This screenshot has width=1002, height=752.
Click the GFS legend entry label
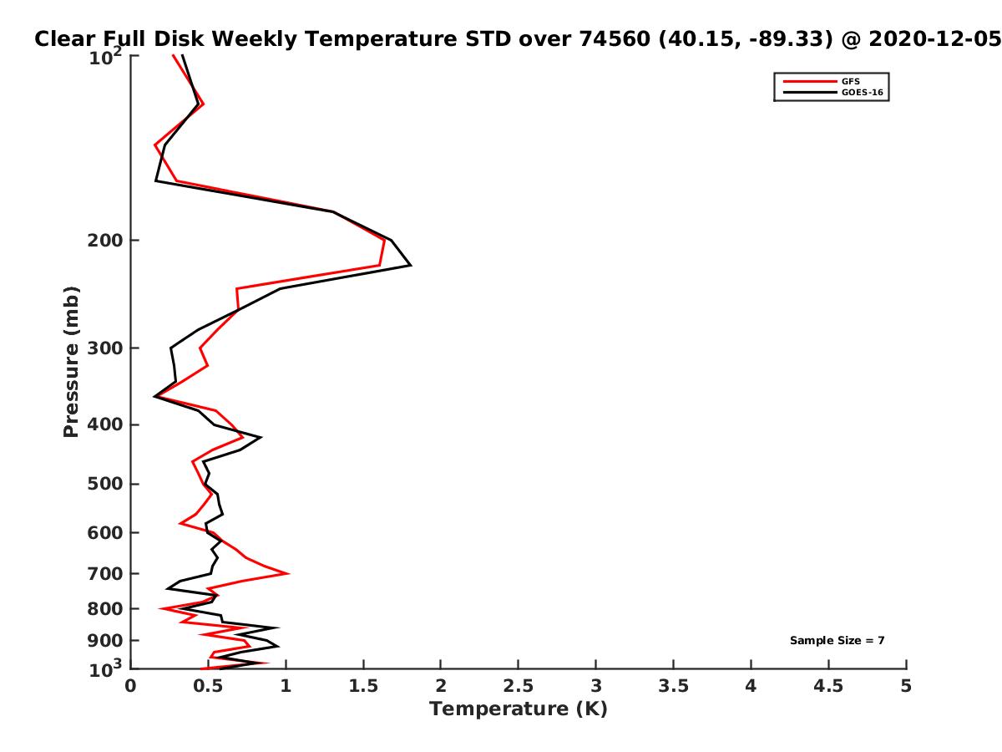(x=850, y=81)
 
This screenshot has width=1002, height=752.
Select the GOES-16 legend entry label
(x=862, y=92)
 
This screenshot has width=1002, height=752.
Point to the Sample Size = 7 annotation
(x=837, y=640)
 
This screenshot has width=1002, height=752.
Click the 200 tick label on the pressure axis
(x=105, y=240)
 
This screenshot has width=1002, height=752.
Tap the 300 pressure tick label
(x=105, y=348)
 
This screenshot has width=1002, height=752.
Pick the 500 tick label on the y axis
(x=105, y=484)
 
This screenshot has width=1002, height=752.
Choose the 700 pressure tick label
(x=105, y=573)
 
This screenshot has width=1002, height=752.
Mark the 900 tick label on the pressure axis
(x=105, y=641)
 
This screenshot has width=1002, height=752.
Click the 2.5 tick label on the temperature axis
(x=519, y=686)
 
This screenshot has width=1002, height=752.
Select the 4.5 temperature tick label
(x=828, y=686)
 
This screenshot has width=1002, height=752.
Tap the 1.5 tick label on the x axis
(x=363, y=686)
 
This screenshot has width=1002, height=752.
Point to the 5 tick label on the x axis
(x=906, y=686)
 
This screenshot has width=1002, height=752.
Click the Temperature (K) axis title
(x=519, y=709)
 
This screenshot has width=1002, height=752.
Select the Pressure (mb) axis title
(x=71, y=362)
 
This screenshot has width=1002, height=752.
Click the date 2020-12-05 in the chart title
(x=934, y=39)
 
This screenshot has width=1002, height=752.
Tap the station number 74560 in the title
(x=615, y=39)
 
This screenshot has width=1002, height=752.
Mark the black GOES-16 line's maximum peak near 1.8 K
(x=411, y=265)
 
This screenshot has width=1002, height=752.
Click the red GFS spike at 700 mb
(x=289, y=573)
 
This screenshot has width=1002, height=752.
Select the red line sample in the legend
(x=810, y=81)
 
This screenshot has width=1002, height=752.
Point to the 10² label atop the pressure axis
(x=105, y=57)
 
